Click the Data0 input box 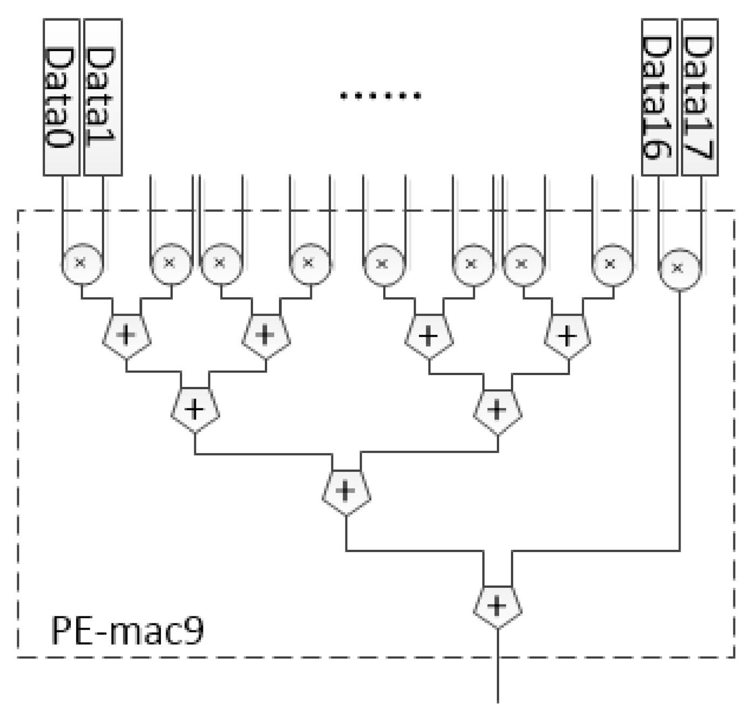click(x=62, y=97)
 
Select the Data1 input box click(x=103, y=97)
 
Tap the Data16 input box click(x=659, y=97)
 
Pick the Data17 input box click(x=700, y=97)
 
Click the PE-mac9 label click(x=127, y=630)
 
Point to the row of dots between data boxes click(x=380, y=97)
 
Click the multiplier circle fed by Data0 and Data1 click(x=81, y=263)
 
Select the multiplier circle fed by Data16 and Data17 click(x=679, y=268)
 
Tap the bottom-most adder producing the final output click(x=497, y=606)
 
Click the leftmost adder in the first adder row click(x=126, y=336)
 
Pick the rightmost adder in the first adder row click(x=567, y=337)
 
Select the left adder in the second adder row click(x=195, y=410)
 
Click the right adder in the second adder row click(x=497, y=411)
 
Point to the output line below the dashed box click(x=497, y=680)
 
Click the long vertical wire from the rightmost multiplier click(x=679, y=421)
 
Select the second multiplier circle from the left click(x=171, y=263)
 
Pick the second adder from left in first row click(x=266, y=336)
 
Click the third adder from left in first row click(x=428, y=337)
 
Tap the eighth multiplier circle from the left click(x=611, y=264)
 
